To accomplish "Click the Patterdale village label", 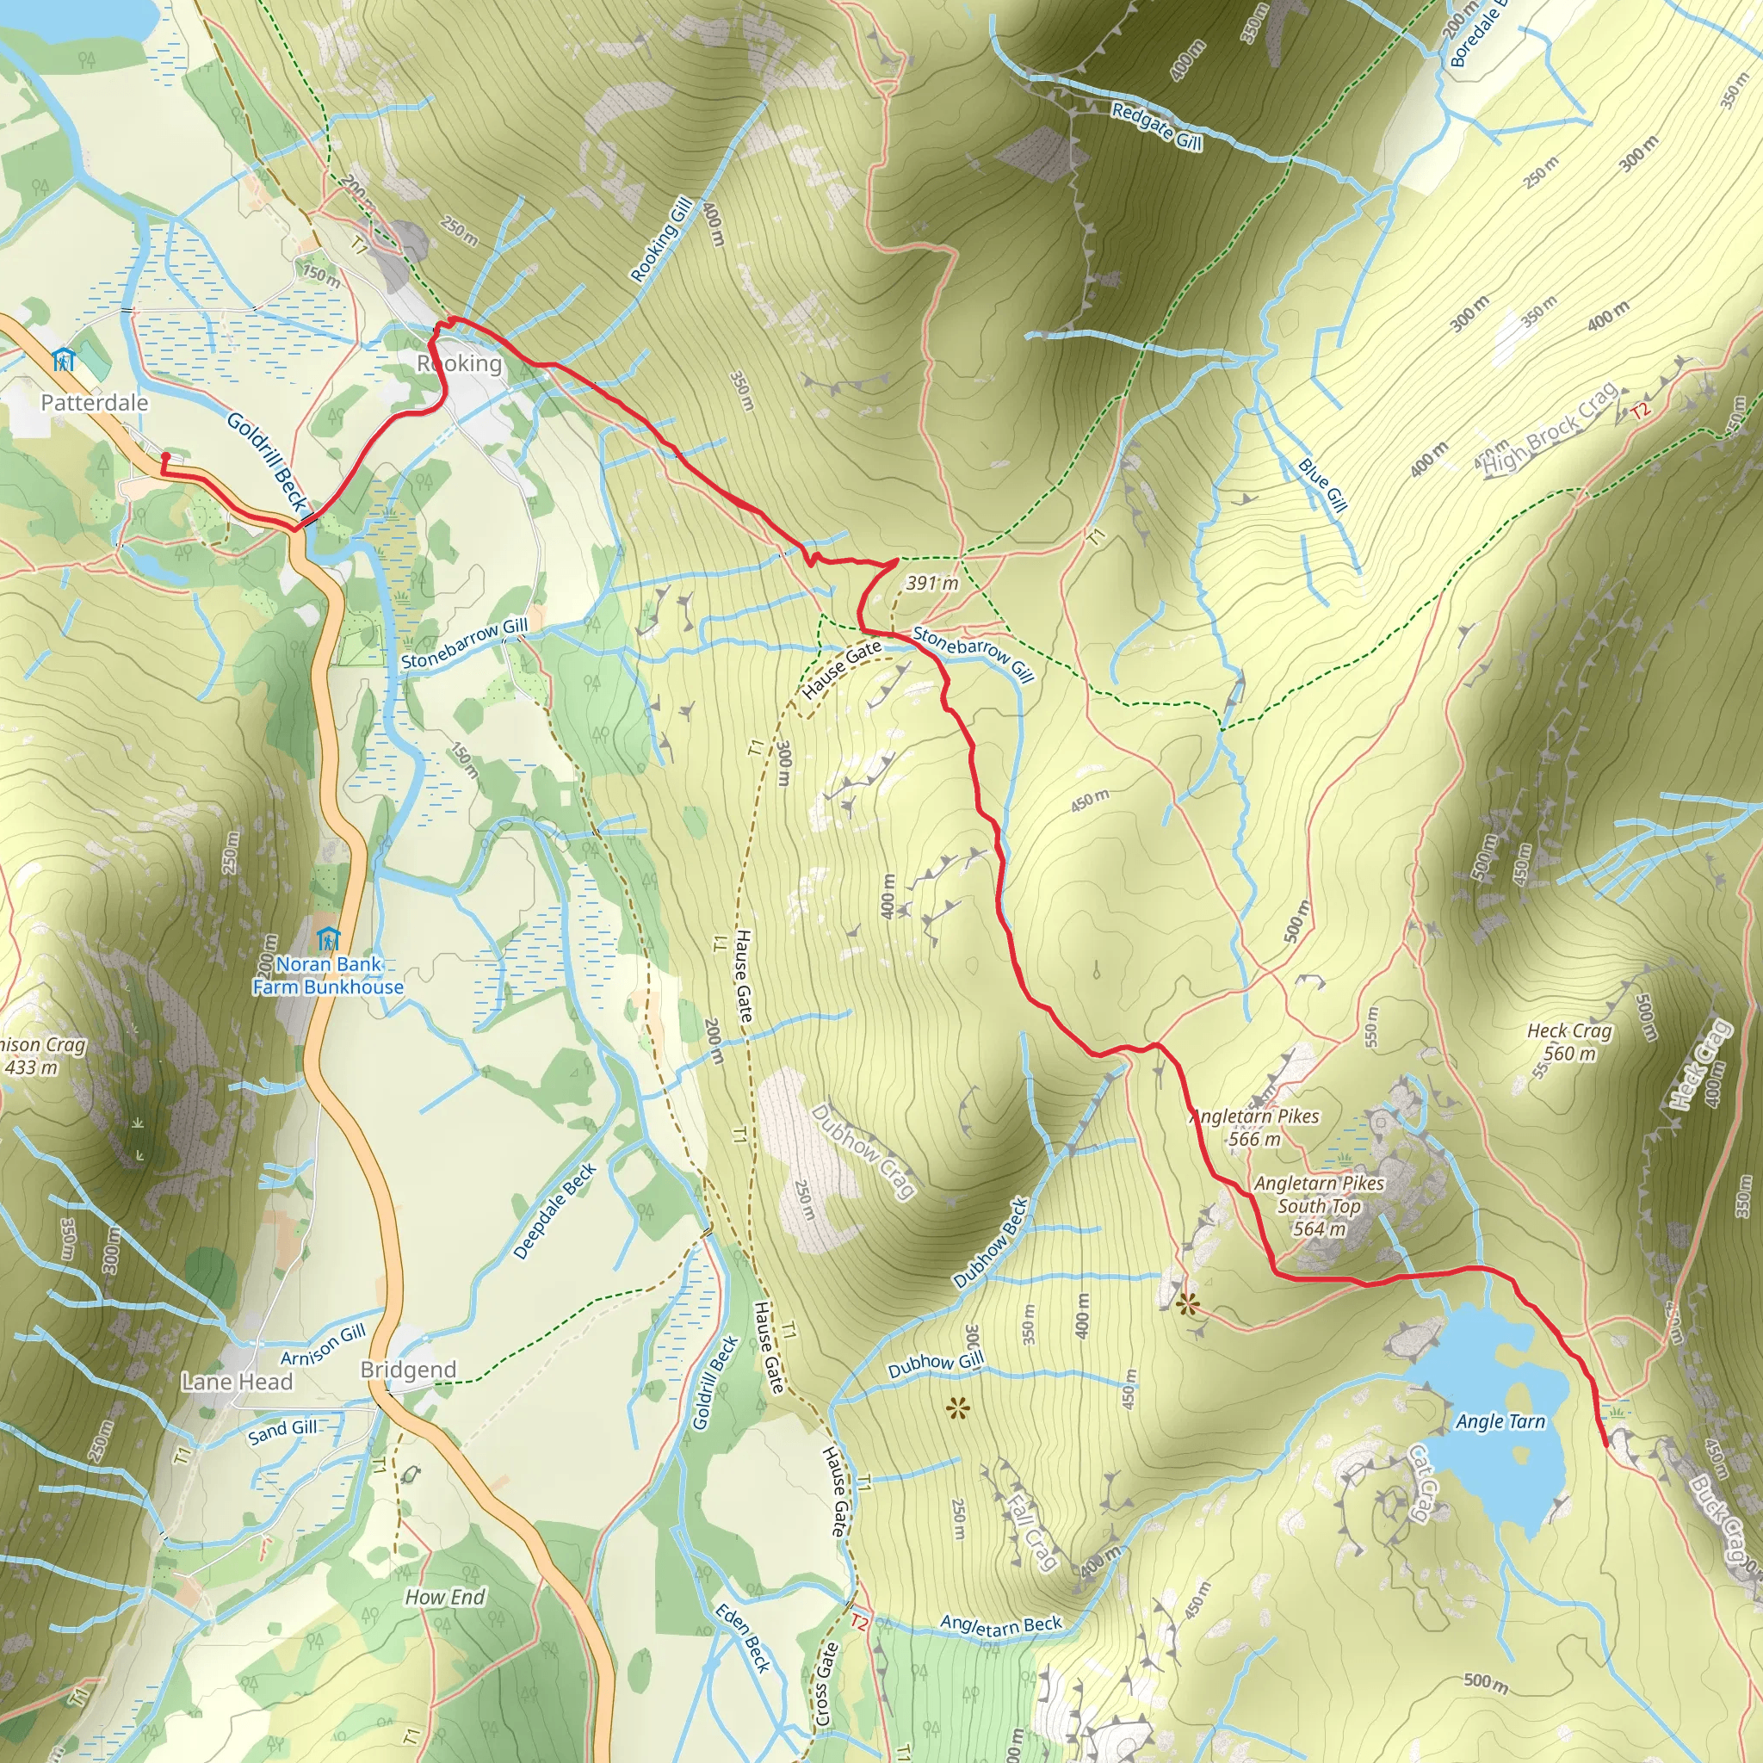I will [94, 402].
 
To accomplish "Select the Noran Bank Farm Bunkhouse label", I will [328, 975].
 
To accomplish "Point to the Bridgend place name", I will [408, 1370].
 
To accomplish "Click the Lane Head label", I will [238, 1382].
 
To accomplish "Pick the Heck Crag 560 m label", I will [1569, 1042].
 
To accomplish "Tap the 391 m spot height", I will [932, 583].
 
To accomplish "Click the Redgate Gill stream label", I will [1156, 126].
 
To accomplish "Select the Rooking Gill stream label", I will [662, 240].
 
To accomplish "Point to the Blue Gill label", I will [1322, 485].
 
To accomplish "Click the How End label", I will [444, 1597].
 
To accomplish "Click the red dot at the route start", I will [165, 456].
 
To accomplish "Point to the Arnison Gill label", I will [323, 1344].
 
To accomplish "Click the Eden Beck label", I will [742, 1638].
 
